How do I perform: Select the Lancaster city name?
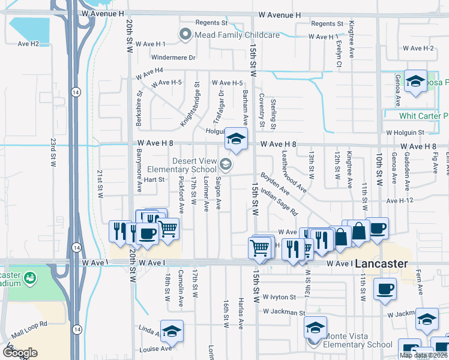pos(381,263)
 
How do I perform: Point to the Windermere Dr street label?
pos(174,58)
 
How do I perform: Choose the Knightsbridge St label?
pos(190,105)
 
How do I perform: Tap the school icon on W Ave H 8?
pos(237,139)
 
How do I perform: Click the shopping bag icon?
pos(358,231)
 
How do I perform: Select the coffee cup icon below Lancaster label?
pos(384,289)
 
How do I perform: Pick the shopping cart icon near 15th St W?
pos(259,247)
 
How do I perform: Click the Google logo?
pos(19,352)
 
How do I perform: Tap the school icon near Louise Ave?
pos(172,331)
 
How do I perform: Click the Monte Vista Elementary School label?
pos(357,344)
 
